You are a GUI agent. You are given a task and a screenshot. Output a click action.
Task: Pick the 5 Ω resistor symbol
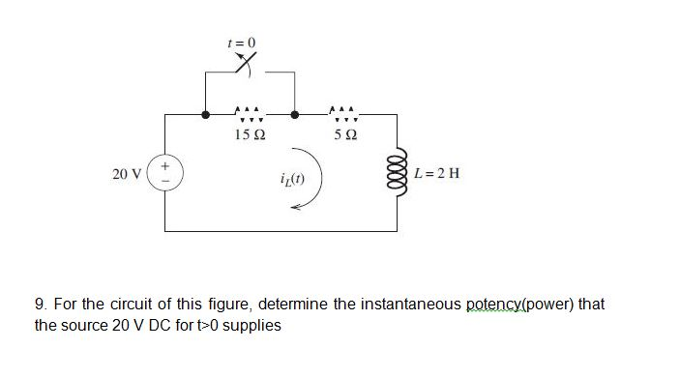click(343, 113)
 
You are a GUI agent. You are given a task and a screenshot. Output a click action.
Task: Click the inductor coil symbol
click(396, 173)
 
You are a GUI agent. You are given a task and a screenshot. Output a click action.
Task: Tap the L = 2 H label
click(436, 175)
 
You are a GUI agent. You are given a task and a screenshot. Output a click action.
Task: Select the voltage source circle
click(164, 174)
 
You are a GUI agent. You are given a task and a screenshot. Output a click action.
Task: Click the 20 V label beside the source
click(127, 175)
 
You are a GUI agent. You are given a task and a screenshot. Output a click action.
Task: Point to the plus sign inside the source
click(164, 166)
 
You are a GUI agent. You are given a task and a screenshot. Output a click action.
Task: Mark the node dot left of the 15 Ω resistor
click(205, 113)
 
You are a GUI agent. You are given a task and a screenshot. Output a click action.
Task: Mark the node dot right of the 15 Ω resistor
click(294, 113)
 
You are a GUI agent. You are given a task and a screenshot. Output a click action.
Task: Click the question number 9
click(40, 305)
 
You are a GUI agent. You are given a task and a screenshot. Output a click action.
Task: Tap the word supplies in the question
click(253, 326)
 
